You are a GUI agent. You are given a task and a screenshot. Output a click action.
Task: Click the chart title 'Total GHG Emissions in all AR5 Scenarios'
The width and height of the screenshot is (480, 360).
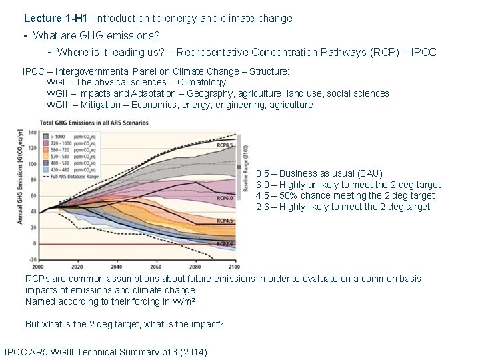[x=94, y=123]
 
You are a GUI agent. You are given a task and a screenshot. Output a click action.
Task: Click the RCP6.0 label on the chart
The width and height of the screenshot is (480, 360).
[x=225, y=198]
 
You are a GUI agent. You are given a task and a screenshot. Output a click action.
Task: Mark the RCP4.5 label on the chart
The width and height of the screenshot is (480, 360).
[x=225, y=220]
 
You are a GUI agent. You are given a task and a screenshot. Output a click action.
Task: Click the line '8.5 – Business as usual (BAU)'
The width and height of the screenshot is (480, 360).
[x=319, y=173]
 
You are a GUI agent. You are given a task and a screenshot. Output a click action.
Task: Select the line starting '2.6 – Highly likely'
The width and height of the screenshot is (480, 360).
[x=343, y=207]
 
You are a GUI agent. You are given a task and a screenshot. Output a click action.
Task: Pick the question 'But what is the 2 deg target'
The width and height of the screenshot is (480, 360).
[x=124, y=324]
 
